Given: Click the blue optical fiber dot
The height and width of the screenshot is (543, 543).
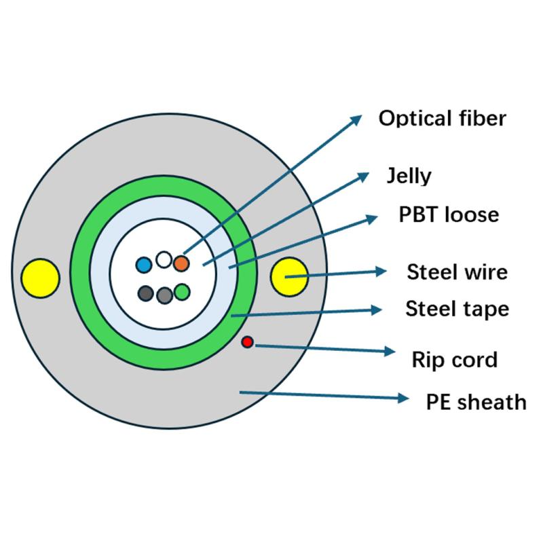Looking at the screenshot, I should tap(144, 265).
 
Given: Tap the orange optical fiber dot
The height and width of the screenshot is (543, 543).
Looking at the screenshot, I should tap(181, 263).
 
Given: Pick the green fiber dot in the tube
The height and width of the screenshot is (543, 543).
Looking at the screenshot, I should tap(181, 293).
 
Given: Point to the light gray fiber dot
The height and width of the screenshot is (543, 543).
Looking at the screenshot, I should tap(164, 295).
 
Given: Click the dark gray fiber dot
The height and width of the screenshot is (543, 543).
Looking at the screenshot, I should tap(145, 293).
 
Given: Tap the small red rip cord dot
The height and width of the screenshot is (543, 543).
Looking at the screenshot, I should tap(248, 342).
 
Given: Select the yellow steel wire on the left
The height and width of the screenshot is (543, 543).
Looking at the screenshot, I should tap(40, 277).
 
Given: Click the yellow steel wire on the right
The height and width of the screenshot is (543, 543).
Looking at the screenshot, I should tap(290, 276).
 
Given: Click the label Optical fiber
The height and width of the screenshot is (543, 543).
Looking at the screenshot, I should tap(442, 118).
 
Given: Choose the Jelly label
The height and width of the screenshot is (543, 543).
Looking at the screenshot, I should tap(409, 176).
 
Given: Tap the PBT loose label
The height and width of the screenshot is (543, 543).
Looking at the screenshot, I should tap(448, 214).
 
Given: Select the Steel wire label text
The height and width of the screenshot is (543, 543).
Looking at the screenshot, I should tap(457, 272).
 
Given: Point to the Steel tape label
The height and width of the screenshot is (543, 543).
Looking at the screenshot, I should tap(457, 310).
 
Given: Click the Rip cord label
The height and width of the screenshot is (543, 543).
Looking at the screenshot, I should tap(454, 359).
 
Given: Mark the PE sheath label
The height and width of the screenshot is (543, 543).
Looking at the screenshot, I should tap(476, 401).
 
